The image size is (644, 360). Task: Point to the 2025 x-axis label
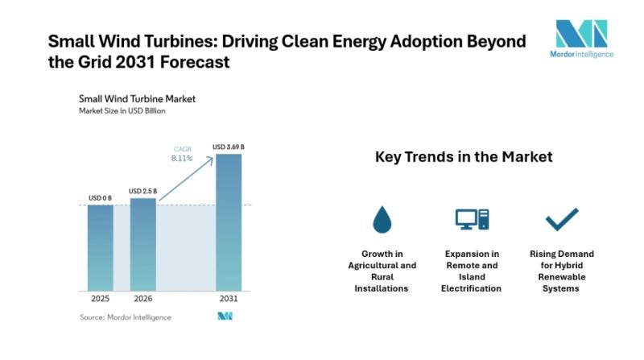[x=101, y=300]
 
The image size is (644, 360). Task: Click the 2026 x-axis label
[x=142, y=300]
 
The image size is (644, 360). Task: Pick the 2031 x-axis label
[x=229, y=300]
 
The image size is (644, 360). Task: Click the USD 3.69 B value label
[x=229, y=147]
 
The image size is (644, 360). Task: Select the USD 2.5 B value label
[x=142, y=191]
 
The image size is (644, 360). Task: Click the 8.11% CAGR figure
[x=183, y=159]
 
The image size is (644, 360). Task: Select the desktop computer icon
[x=473, y=218]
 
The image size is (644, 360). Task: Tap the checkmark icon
[x=562, y=218]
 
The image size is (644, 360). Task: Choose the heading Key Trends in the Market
[x=464, y=157]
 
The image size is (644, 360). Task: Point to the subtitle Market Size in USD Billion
[x=122, y=111]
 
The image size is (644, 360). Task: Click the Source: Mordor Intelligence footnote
[x=125, y=317]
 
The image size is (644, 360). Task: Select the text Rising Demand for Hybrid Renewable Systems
[x=562, y=271]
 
